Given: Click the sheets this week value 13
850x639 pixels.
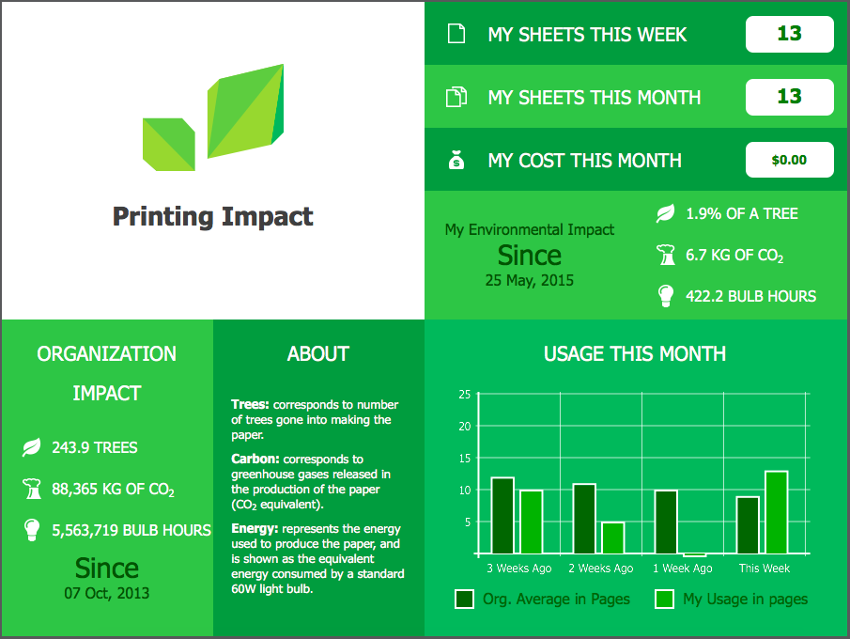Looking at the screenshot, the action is pyautogui.click(x=789, y=34).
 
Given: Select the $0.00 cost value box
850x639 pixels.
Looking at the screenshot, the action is pyautogui.click(x=789, y=160).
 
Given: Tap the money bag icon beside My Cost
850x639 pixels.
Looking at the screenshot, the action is pyautogui.click(x=456, y=160).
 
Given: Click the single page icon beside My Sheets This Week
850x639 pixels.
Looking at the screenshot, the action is pyautogui.click(x=456, y=34).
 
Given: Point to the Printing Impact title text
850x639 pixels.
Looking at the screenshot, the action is pyautogui.click(x=212, y=217).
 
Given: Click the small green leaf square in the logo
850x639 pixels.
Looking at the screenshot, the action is pyautogui.click(x=168, y=145).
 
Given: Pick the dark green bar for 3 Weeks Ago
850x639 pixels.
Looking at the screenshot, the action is pyautogui.click(x=502, y=515).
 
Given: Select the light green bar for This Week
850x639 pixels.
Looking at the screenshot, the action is pyautogui.click(x=777, y=512).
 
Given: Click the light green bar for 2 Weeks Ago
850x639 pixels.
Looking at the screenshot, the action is pyautogui.click(x=613, y=538).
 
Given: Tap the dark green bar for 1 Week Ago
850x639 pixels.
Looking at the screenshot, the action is pyautogui.click(x=666, y=522).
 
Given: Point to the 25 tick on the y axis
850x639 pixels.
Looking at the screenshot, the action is pyautogui.click(x=465, y=395).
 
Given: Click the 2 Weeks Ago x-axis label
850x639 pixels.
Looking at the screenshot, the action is pyautogui.click(x=601, y=569).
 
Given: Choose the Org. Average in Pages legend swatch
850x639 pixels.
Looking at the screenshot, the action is pyautogui.click(x=465, y=599).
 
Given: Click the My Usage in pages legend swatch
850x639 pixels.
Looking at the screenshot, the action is pyautogui.click(x=665, y=599).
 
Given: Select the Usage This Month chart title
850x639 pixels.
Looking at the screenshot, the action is pyautogui.click(x=635, y=354).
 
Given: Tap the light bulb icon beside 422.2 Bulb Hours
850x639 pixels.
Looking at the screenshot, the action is pyautogui.click(x=666, y=296).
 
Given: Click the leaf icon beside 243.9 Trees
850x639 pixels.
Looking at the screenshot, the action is pyautogui.click(x=31, y=447).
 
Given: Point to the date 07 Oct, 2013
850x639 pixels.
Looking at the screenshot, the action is pyautogui.click(x=107, y=593).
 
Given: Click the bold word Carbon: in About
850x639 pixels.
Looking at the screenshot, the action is pyautogui.click(x=255, y=459).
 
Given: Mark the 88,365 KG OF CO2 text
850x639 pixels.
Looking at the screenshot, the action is pyautogui.click(x=114, y=490).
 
